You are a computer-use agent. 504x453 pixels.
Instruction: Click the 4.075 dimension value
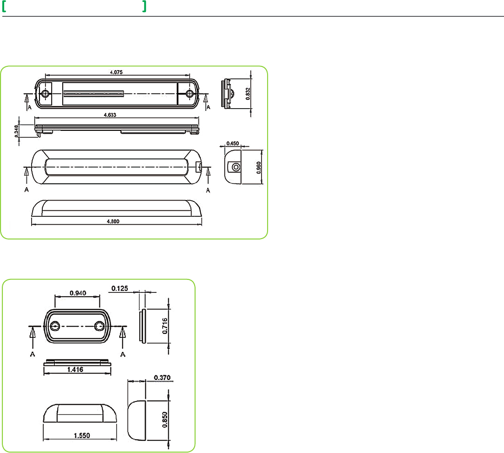116,72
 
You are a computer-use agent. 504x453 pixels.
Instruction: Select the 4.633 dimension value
110,115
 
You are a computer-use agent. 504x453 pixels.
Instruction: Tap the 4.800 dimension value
113,221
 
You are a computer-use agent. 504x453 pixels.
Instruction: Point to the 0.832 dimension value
248,93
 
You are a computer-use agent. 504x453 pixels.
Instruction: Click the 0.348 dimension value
16,131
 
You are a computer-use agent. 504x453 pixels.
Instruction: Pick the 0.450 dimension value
232,143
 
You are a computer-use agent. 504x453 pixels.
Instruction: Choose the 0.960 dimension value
259,168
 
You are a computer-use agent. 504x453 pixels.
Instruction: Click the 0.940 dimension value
78,293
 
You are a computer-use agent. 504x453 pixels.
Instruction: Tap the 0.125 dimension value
119,289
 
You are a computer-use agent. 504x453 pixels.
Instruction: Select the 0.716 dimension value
165,326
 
